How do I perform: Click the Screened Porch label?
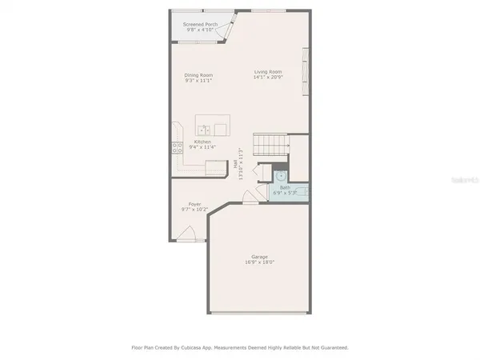coord(200,24)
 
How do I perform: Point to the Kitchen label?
coord(202,142)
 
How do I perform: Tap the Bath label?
coord(285,187)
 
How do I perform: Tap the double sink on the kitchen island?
coord(210,130)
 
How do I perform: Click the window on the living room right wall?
coord(303,72)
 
